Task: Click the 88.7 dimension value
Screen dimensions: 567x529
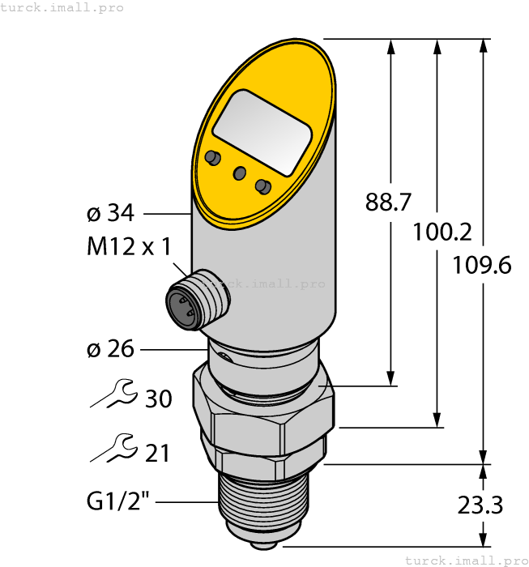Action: tap(388, 202)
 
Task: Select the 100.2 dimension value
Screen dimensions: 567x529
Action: tap(442, 233)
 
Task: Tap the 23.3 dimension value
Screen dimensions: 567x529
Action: tap(480, 506)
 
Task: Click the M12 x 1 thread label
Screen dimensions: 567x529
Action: tap(129, 247)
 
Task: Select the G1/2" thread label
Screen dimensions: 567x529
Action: tap(118, 503)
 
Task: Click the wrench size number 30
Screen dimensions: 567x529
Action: tap(158, 399)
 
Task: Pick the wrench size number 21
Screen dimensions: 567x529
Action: tap(157, 453)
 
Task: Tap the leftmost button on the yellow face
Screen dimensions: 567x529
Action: tap(213, 156)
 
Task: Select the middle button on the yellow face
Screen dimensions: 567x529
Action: tap(239, 173)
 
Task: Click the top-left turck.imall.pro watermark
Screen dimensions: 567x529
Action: tap(62, 7)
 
